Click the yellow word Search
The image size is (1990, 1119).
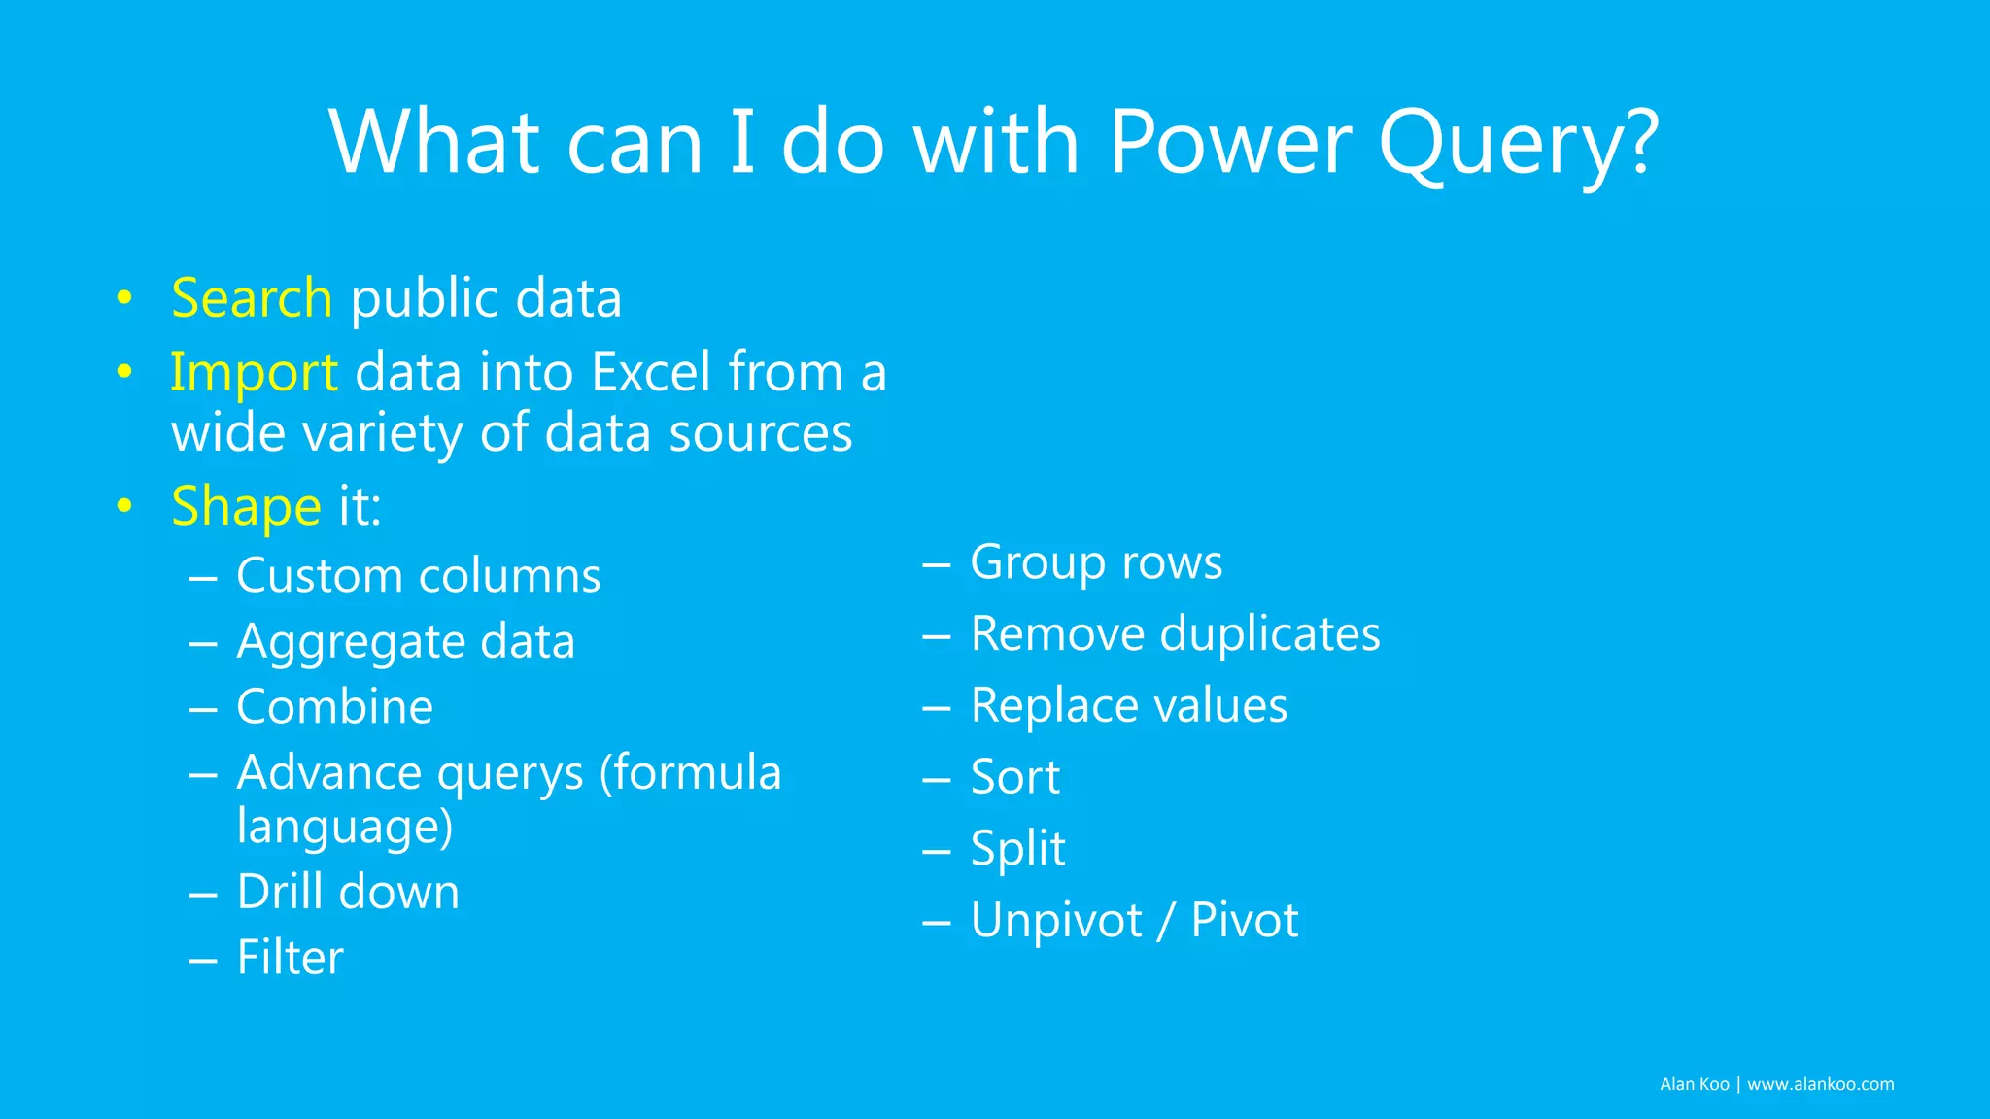(x=252, y=297)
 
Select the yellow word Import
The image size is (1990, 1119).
(x=254, y=372)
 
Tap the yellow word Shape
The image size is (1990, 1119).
(x=246, y=506)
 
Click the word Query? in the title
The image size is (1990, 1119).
(x=1518, y=143)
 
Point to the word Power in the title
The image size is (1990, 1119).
(x=1229, y=143)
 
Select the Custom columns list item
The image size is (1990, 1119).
(x=418, y=575)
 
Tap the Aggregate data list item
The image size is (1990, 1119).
(x=405, y=641)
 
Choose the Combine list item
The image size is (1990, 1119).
(x=334, y=706)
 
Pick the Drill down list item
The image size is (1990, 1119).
(x=348, y=892)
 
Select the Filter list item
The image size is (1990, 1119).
(x=290, y=958)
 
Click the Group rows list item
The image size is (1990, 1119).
(x=1095, y=562)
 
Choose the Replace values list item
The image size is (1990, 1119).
(x=1128, y=705)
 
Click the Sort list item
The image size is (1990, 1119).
(x=1014, y=777)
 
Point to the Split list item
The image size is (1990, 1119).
(x=1017, y=848)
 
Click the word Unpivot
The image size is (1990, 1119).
(x=1056, y=920)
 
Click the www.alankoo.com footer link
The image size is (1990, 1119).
(x=1820, y=1084)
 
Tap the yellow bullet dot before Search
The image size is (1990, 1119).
(x=123, y=297)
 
